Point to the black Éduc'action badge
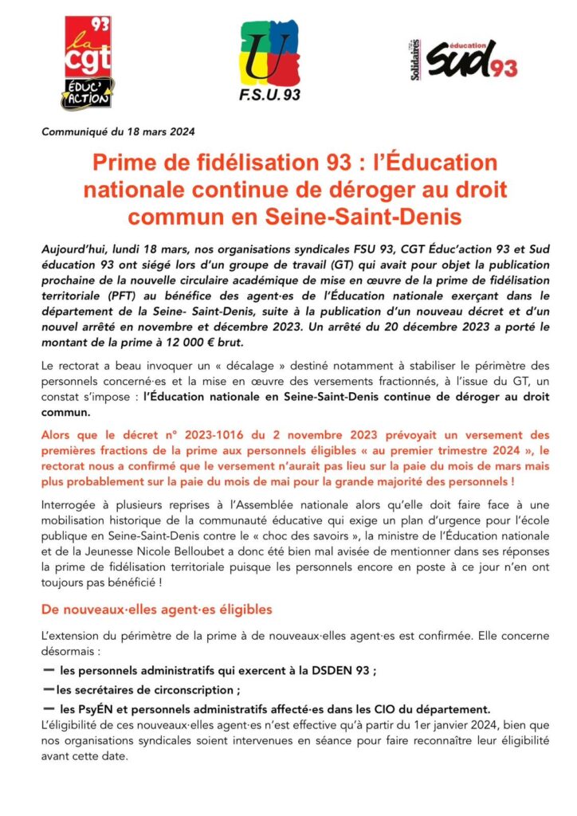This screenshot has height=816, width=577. coord(87,93)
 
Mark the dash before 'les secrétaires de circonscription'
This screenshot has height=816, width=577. coord(49,689)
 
